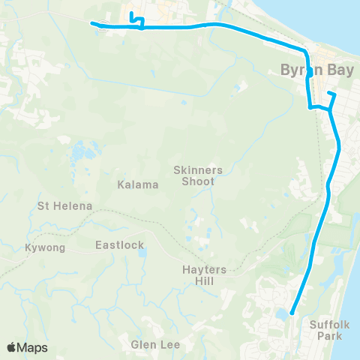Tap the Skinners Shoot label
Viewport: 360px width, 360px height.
[x=198, y=175]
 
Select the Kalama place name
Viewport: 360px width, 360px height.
[x=137, y=184]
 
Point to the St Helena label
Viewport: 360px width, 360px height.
[x=64, y=205]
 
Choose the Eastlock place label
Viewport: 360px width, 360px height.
[x=119, y=244]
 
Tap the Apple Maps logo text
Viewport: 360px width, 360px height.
[x=28, y=347]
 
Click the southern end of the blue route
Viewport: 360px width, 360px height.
[x=291, y=313]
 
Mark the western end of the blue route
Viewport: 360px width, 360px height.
[x=93, y=23]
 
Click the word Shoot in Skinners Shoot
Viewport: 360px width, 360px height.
[x=198, y=181]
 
